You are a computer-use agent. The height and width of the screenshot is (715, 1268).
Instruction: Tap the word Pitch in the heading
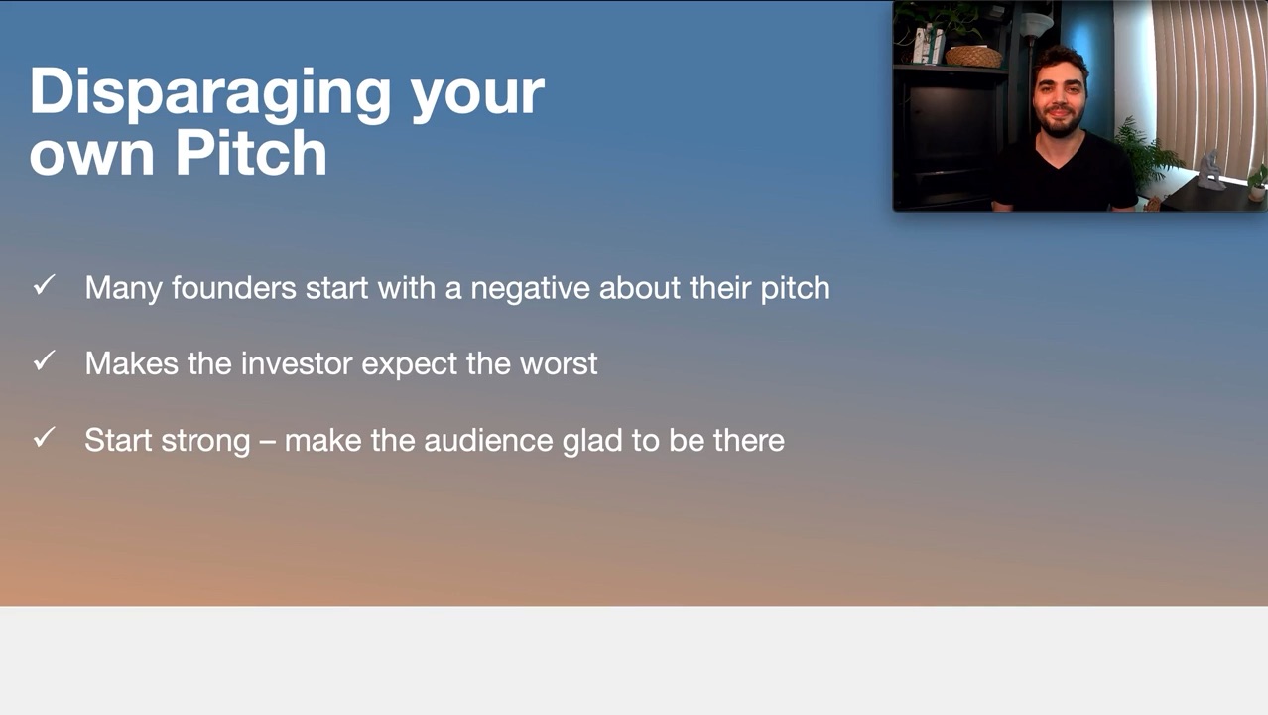point(251,153)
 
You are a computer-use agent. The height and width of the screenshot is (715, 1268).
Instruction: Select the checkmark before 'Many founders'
point(45,285)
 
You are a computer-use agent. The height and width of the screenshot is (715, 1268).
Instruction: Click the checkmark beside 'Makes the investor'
point(45,360)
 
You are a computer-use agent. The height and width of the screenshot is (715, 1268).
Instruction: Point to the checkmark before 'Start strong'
point(45,437)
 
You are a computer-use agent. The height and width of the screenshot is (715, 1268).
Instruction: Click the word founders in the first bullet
point(234,287)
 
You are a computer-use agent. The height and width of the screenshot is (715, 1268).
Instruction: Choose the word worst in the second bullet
point(559,363)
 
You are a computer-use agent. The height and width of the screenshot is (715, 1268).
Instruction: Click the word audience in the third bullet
point(488,440)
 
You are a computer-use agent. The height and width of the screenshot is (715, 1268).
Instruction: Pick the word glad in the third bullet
point(592,441)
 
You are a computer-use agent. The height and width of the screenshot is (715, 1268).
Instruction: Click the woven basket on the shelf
point(973,57)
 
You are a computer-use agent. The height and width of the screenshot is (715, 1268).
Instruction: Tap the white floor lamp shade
point(1037,24)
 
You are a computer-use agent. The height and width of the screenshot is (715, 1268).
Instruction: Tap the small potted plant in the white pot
point(1257,184)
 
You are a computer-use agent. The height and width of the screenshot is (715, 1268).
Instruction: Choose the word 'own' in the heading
point(91,155)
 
